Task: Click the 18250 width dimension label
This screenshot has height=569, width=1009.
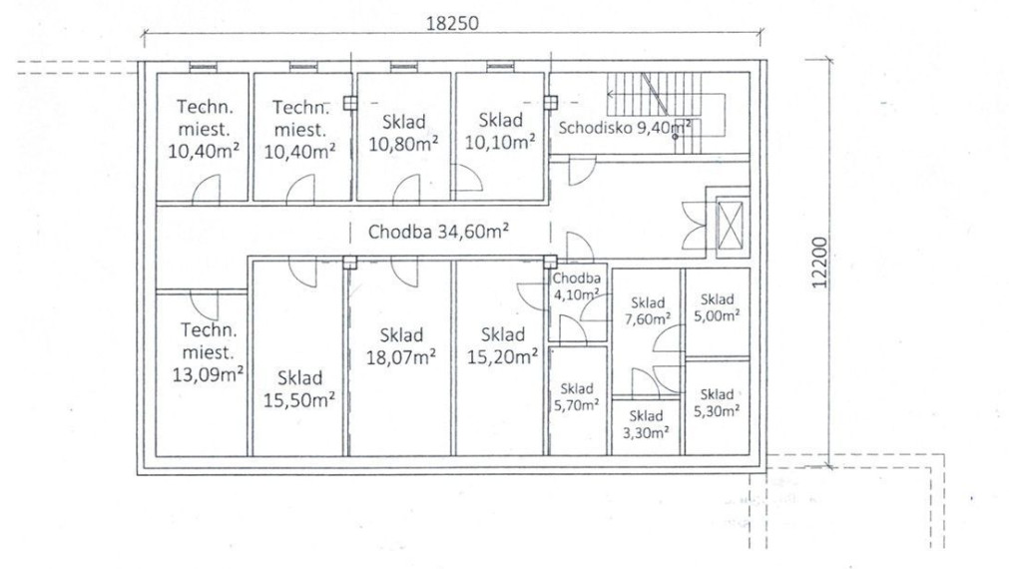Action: [452, 23]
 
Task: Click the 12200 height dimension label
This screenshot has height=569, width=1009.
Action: [818, 263]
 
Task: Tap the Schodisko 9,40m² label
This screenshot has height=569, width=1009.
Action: [625, 127]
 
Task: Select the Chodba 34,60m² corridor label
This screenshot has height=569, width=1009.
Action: [438, 231]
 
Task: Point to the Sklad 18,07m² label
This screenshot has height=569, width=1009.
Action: [401, 345]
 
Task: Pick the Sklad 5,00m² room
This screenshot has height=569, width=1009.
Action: [717, 312]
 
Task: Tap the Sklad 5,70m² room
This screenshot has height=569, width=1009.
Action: [577, 400]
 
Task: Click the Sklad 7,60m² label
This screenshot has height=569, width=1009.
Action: [648, 310]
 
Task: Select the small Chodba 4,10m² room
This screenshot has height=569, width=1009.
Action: [577, 302]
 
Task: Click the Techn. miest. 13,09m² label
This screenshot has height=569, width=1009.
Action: [208, 352]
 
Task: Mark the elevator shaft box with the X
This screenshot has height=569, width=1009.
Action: [731, 225]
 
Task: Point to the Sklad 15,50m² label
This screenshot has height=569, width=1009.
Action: [299, 388]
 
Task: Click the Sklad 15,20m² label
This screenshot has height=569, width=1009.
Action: [503, 345]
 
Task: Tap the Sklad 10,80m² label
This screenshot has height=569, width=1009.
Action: [403, 133]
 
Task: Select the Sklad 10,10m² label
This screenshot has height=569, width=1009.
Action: [500, 131]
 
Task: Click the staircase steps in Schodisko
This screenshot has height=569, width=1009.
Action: [655, 113]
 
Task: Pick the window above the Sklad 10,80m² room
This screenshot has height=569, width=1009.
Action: [403, 67]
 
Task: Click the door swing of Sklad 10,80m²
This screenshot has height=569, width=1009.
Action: [406, 190]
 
